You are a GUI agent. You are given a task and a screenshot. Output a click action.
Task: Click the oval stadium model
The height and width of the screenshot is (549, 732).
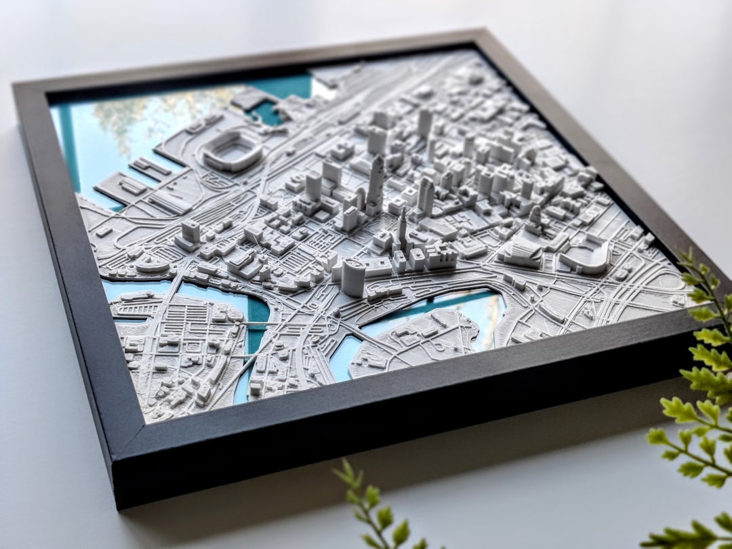(232, 150)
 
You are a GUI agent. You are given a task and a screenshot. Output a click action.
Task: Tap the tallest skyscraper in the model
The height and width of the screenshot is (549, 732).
(375, 183)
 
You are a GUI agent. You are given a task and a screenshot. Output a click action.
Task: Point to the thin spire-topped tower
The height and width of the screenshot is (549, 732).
(402, 230)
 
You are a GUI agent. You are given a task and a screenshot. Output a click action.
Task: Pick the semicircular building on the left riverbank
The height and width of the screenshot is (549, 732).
(152, 264)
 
